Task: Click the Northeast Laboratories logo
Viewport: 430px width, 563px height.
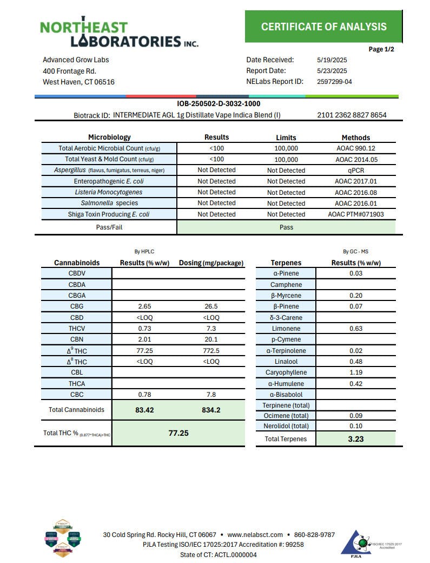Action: (x=118, y=33)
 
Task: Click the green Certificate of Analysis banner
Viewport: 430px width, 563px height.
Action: (x=323, y=27)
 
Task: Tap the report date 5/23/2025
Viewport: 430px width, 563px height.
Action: (x=332, y=71)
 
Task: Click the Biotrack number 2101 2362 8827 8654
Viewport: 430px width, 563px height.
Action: (x=352, y=115)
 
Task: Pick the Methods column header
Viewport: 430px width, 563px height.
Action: (x=355, y=138)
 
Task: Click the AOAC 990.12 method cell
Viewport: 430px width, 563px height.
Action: (x=355, y=148)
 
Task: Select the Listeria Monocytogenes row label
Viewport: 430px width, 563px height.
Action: (x=109, y=192)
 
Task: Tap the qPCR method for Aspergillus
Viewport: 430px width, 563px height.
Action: (x=355, y=170)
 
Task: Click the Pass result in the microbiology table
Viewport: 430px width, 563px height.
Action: (x=286, y=227)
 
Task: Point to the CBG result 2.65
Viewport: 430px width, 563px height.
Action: (x=144, y=306)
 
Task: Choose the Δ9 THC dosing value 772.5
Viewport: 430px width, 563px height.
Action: (x=211, y=351)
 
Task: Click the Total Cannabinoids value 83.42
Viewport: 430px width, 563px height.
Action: (x=144, y=410)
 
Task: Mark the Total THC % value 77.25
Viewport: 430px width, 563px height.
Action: (x=177, y=434)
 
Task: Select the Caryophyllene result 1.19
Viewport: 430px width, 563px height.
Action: (x=355, y=372)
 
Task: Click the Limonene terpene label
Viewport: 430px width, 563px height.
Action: (x=285, y=329)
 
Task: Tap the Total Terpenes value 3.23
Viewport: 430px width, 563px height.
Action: (x=355, y=439)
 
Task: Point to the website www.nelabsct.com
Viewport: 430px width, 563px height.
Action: (x=255, y=535)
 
